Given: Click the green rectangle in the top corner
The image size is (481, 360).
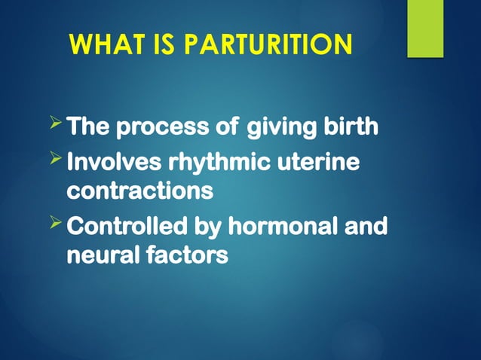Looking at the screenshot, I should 425,29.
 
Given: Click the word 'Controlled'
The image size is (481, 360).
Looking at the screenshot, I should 124,226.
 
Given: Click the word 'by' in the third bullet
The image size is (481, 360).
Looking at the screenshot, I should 204,226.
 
